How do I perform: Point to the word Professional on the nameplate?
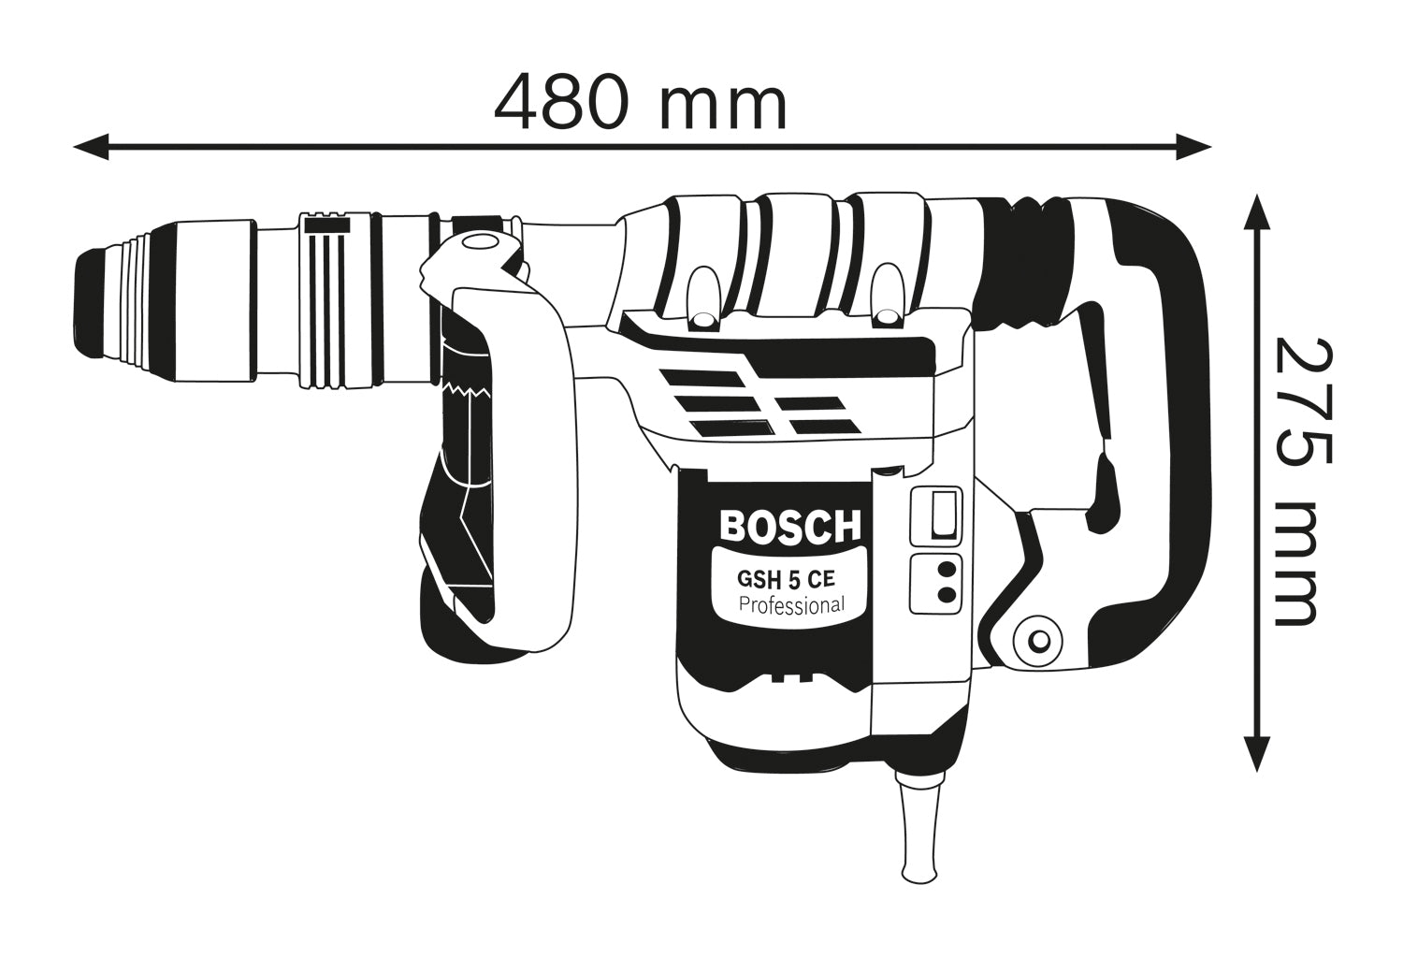coord(791,604)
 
